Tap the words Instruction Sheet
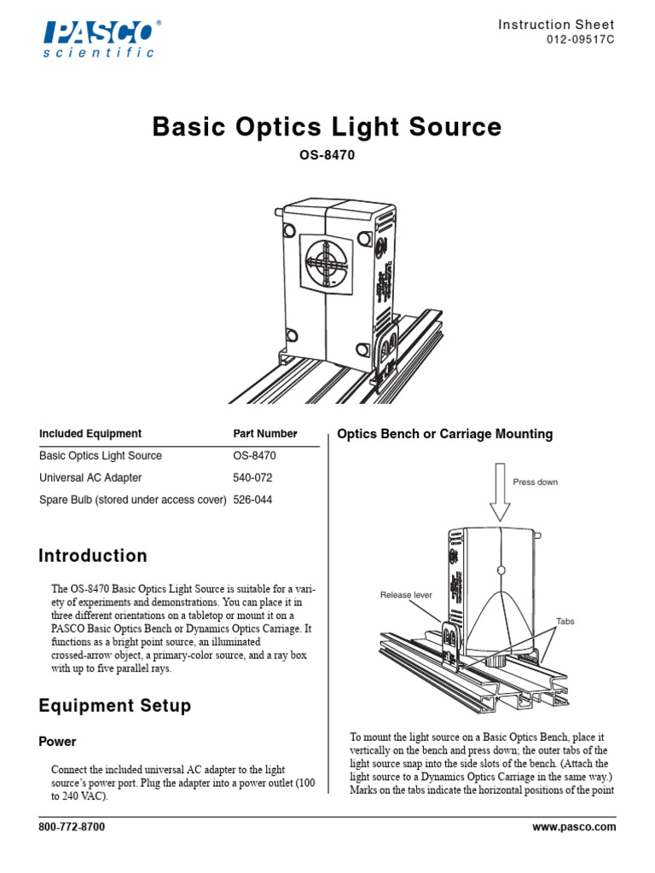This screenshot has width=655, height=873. pyautogui.click(x=556, y=25)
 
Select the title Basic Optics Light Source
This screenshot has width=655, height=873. pyautogui.click(x=327, y=128)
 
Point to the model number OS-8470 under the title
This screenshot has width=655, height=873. pyautogui.click(x=327, y=156)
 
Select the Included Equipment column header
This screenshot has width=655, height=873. pyautogui.click(x=90, y=434)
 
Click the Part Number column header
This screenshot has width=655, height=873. pyautogui.click(x=265, y=434)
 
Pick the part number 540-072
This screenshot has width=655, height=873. pyautogui.click(x=255, y=477)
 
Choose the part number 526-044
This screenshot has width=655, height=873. pyautogui.click(x=255, y=500)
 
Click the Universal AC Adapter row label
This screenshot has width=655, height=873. pyautogui.click(x=90, y=477)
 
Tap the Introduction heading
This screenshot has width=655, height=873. pyautogui.click(x=93, y=557)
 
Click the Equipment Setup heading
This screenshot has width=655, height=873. pyautogui.click(x=115, y=706)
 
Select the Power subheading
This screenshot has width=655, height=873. pyautogui.click(x=58, y=742)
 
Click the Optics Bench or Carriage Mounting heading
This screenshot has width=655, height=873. pyautogui.click(x=445, y=434)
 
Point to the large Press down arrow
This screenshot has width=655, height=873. pyautogui.click(x=500, y=493)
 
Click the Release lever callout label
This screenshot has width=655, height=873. pyautogui.click(x=406, y=595)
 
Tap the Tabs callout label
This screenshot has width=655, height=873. pyautogui.click(x=565, y=622)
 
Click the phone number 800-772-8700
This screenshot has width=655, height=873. pyautogui.click(x=72, y=827)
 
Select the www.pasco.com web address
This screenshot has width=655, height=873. pyautogui.click(x=573, y=827)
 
